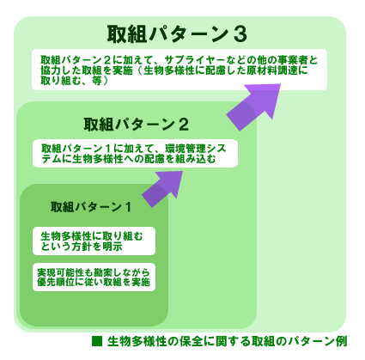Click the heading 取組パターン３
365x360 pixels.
click(x=177, y=34)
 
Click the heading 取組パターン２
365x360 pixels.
click(x=137, y=125)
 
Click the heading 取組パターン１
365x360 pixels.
click(x=91, y=207)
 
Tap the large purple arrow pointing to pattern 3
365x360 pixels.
click(x=253, y=107)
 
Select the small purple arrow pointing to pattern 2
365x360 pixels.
click(x=162, y=189)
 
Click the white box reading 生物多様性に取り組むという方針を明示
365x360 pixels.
click(x=94, y=241)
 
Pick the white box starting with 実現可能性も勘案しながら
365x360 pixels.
click(x=94, y=277)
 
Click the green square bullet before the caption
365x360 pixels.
click(x=97, y=341)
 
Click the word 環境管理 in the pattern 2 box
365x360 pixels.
click(x=186, y=149)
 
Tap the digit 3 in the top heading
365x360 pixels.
click(x=240, y=34)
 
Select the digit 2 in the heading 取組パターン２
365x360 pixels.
click(x=184, y=125)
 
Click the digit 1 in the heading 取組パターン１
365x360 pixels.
click(x=128, y=207)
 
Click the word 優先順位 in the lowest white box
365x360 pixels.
click(x=56, y=282)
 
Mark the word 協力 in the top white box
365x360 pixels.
click(x=51, y=70)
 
